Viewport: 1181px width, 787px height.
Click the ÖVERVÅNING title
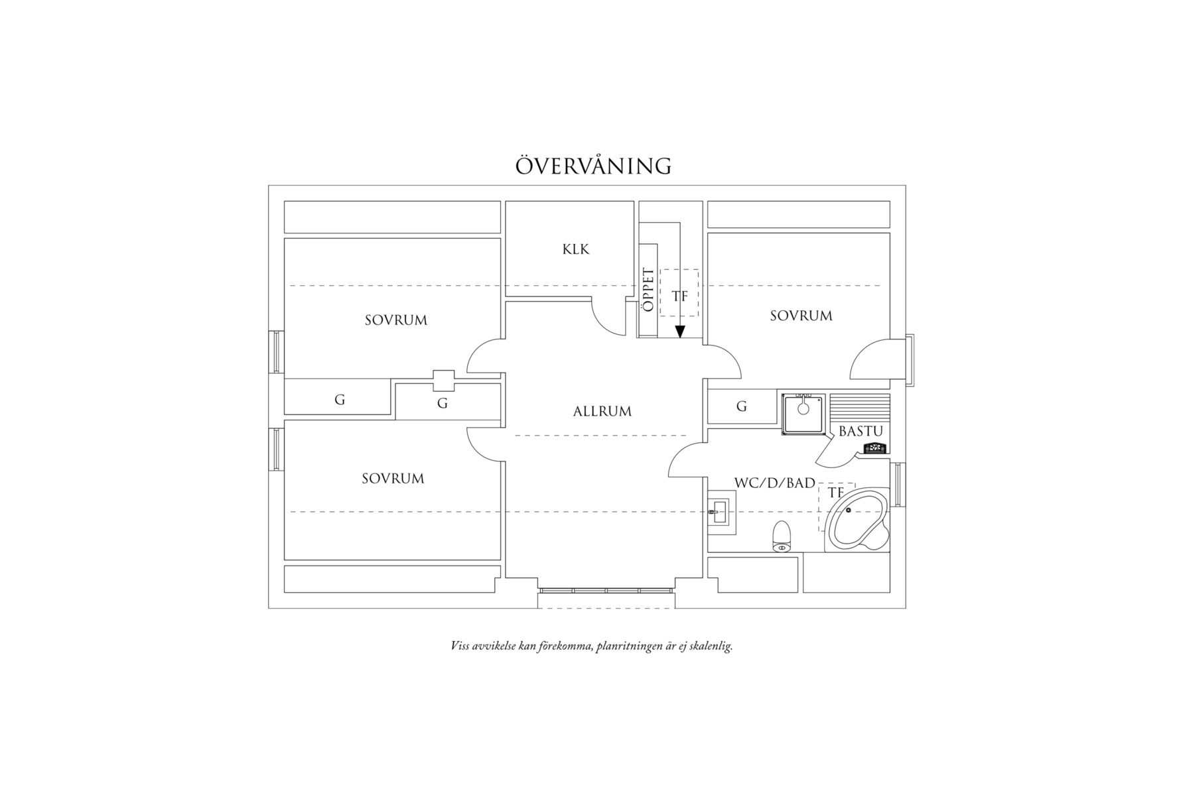pyautogui.click(x=593, y=165)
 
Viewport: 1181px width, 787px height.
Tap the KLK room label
pyautogui.click(x=576, y=249)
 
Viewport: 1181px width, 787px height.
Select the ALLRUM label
pyautogui.click(x=602, y=411)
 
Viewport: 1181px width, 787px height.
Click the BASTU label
pyautogui.click(x=861, y=431)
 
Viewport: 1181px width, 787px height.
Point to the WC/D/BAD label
pyautogui.click(x=774, y=483)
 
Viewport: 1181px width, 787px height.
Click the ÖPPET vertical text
pyautogui.click(x=648, y=290)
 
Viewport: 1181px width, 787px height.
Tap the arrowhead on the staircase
pyautogui.click(x=679, y=332)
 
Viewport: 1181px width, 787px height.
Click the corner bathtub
pyautogui.click(x=857, y=521)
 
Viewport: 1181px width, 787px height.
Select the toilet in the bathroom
pyautogui.click(x=782, y=536)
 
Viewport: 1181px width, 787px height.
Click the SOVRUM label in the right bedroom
pyautogui.click(x=801, y=316)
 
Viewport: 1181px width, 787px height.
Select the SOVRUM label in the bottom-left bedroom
pyautogui.click(x=393, y=478)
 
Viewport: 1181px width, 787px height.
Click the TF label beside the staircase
pyautogui.click(x=680, y=296)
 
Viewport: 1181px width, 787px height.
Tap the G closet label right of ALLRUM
pyautogui.click(x=742, y=406)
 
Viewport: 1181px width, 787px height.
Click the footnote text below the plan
pyautogui.click(x=591, y=646)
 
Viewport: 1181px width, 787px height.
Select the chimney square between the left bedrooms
pyautogui.click(x=443, y=379)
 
